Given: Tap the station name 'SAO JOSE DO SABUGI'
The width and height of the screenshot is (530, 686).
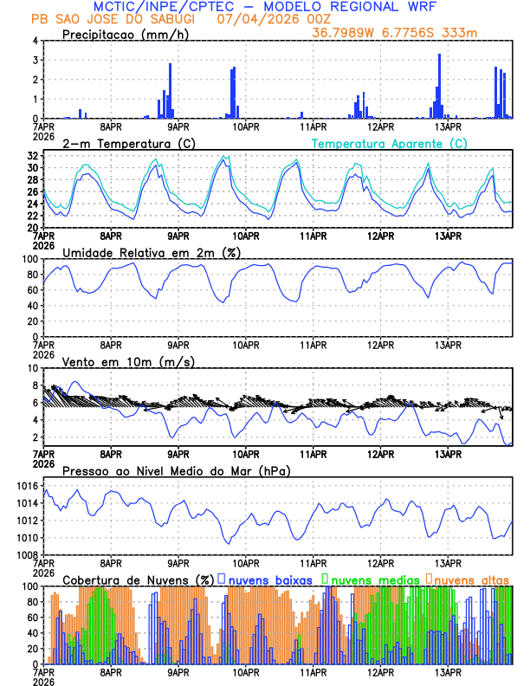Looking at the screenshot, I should pos(126,18).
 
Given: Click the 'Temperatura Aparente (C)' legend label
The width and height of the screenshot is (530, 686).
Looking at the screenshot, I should pos(389,143).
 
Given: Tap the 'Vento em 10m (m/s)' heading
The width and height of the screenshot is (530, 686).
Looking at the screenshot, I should pos(128,361).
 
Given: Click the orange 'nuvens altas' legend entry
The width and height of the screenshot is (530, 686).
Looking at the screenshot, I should pos(472,579).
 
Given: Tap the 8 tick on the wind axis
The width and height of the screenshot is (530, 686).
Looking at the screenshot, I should pos(36,368).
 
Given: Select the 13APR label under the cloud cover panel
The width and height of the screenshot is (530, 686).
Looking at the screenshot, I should pos(448,672).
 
